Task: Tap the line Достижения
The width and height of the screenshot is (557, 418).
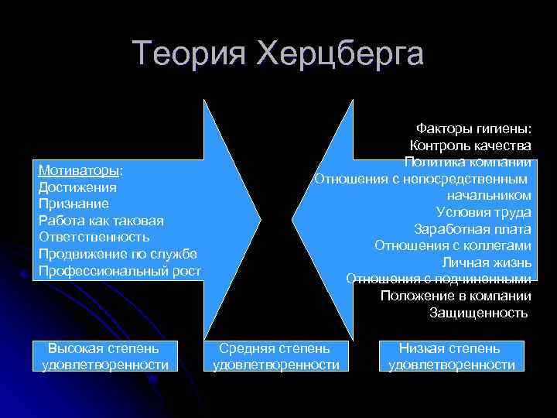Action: [x=77, y=187]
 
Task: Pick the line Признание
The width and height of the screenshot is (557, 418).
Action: [x=73, y=204]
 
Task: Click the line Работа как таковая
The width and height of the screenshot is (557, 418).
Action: [x=101, y=221]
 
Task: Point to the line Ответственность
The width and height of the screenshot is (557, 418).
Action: [x=94, y=237]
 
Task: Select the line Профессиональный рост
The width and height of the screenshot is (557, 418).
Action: [x=120, y=270]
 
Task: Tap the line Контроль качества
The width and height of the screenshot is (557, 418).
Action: [x=470, y=146]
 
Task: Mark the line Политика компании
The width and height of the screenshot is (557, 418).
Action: [x=467, y=162]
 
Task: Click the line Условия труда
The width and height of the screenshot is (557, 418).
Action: [x=484, y=212]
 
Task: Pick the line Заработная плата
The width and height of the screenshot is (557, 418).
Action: [x=472, y=229]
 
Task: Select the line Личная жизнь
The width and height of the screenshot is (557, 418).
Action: [x=487, y=262]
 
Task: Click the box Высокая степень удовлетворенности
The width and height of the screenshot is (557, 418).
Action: [x=104, y=357]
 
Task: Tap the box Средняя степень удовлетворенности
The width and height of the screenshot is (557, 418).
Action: [x=275, y=357]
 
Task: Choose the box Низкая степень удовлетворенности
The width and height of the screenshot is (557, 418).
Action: [x=451, y=357]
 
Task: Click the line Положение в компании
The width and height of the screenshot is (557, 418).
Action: [x=456, y=296]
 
